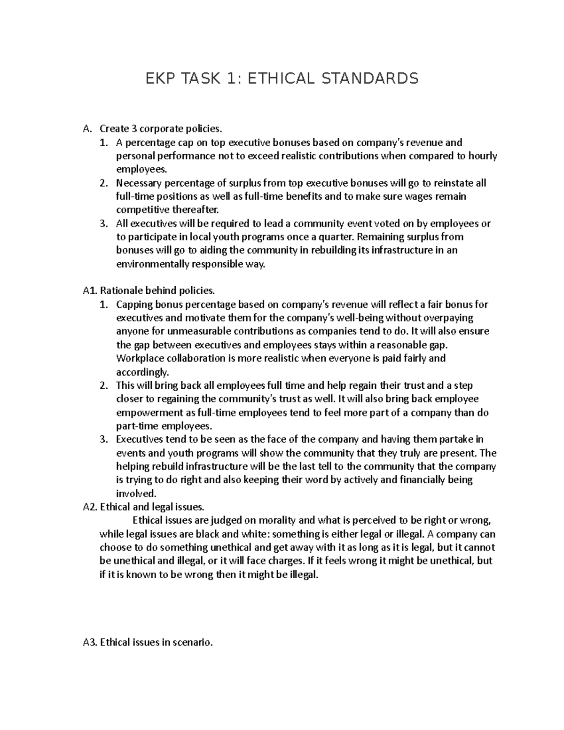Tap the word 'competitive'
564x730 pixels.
(x=140, y=210)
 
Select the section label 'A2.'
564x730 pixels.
(x=89, y=507)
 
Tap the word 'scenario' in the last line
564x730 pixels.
(x=193, y=642)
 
